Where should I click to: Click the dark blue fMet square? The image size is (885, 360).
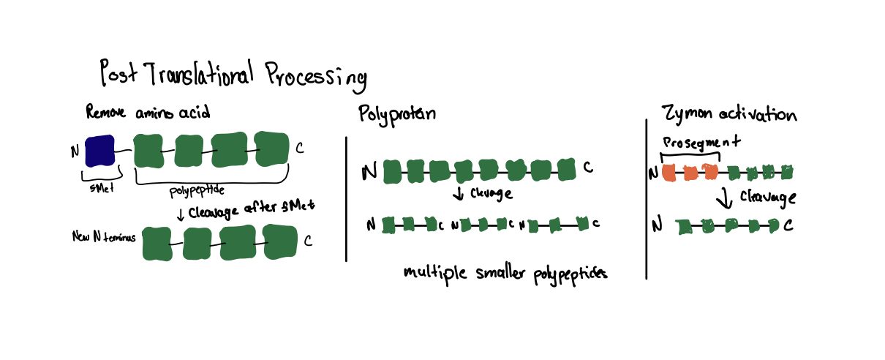point(100,151)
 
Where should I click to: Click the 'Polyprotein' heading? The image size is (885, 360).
point(396,115)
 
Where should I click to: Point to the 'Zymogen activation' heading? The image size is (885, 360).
point(728,115)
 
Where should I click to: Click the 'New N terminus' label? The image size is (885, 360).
point(103,236)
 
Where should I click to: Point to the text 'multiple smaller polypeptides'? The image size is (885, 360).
point(505,273)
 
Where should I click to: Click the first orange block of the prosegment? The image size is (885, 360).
point(669,173)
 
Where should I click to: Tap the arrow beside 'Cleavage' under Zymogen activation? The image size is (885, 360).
point(724,198)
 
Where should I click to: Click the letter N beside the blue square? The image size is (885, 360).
point(74,151)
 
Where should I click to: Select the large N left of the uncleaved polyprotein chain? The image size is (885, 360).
point(370,172)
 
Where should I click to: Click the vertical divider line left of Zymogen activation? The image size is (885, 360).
point(647,198)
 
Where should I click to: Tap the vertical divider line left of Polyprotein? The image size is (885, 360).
point(345,198)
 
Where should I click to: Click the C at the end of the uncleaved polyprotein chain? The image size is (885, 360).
point(588,170)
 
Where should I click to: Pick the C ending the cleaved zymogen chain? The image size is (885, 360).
point(788,225)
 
